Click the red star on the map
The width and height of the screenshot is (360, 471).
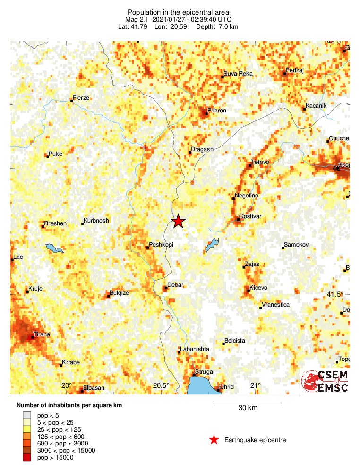click(178, 221)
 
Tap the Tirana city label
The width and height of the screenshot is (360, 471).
click(41, 335)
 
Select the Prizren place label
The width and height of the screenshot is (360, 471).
click(218, 110)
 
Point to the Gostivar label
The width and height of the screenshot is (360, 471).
click(251, 216)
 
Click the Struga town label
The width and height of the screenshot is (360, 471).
click(204, 372)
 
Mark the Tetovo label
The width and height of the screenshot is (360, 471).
click(260, 162)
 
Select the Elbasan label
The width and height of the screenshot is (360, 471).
click(94, 388)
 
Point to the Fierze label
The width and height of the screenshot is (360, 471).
click(81, 98)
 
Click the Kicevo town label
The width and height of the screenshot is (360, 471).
click(258, 288)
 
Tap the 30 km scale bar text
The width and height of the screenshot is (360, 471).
click(248, 408)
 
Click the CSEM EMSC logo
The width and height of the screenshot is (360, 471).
click(326, 381)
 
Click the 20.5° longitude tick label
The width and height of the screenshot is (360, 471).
click(162, 385)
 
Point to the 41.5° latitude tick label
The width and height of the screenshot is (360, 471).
click(336, 294)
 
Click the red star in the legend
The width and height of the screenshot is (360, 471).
click(214, 440)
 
